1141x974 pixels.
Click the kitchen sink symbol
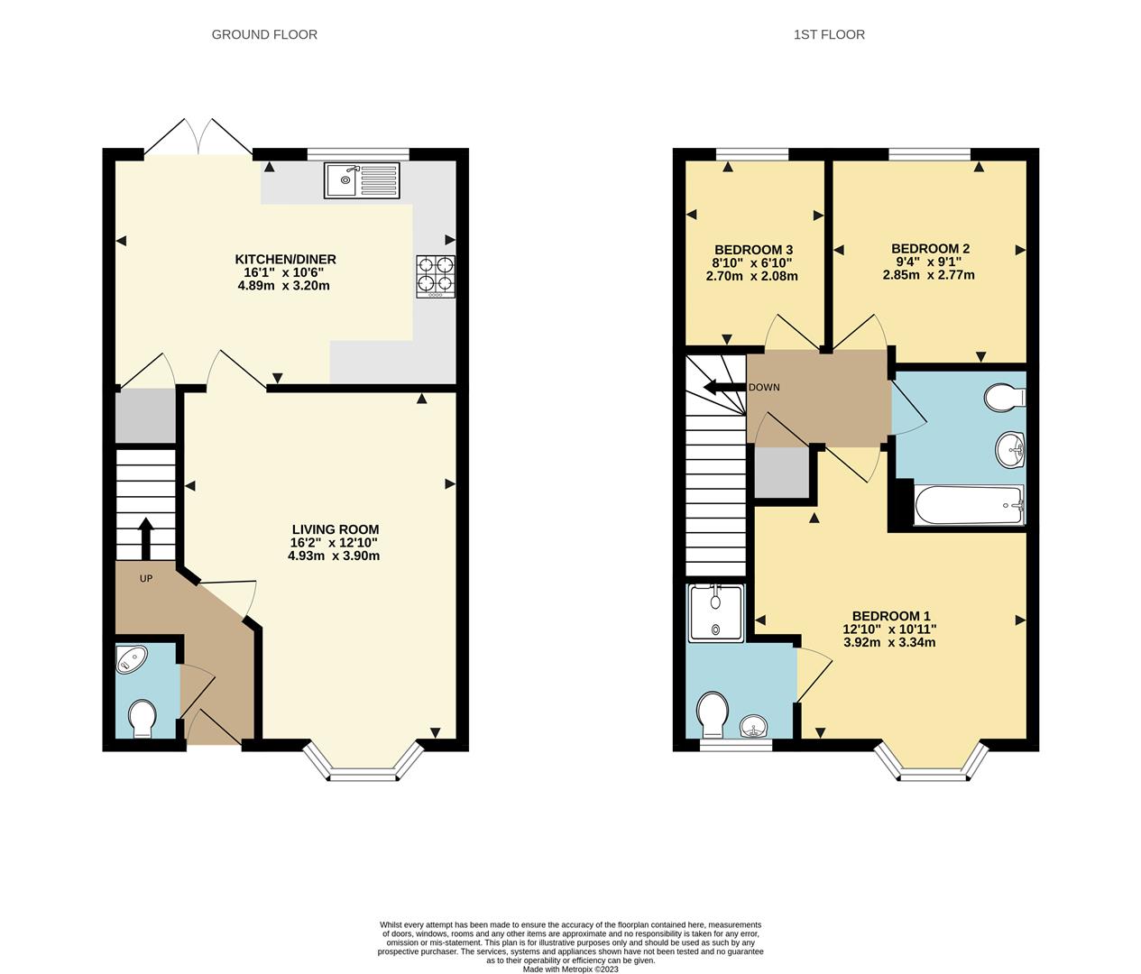[x=361, y=180]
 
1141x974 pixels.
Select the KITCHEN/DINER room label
[x=285, y=260]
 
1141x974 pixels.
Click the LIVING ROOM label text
[x=335, y=529]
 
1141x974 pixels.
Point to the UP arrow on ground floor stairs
[x=145, y=538]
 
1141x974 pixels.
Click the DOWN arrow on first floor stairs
[x=722, y=388]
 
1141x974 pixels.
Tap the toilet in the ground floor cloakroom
[x=143, y=720]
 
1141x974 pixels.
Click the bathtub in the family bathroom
[x=969, y=506]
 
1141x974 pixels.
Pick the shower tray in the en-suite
[x=716, y=613]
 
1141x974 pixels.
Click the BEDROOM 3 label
[x=753, y=250]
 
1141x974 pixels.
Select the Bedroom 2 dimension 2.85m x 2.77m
[x=928, y=275]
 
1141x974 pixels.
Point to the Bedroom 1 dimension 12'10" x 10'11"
[x=889, y=629]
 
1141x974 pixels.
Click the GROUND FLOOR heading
[x=264, y=34]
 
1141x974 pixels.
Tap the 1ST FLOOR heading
[x=829, y=34]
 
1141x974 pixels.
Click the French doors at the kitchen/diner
[x=200, y=137]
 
